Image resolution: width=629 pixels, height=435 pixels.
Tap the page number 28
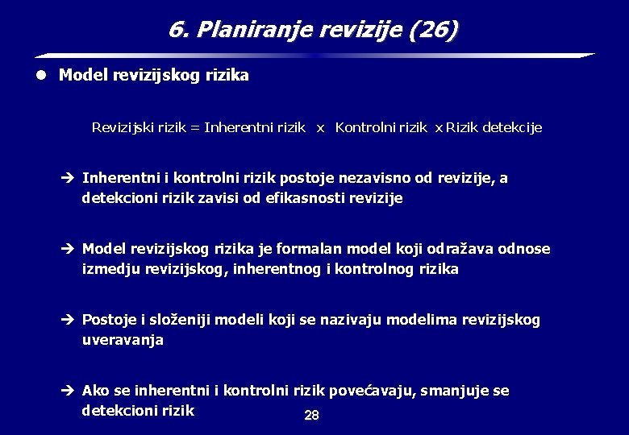click(311, 416)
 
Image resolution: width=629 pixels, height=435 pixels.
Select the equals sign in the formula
click(194, 127)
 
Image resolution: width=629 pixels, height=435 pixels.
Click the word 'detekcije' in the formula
click(512, 127)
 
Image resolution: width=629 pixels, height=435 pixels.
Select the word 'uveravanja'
click(123, 339)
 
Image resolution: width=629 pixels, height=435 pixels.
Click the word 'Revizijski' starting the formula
click(123, 127)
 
